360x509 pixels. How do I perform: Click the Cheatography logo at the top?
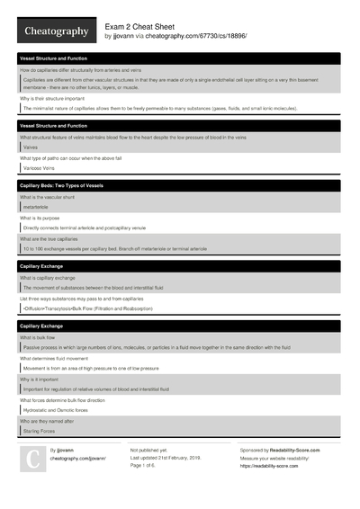pos(55,31)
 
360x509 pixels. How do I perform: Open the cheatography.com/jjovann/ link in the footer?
pos(77,458)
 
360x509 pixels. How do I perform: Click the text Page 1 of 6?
pos(146,464)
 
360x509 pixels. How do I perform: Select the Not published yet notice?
pos(149,449)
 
